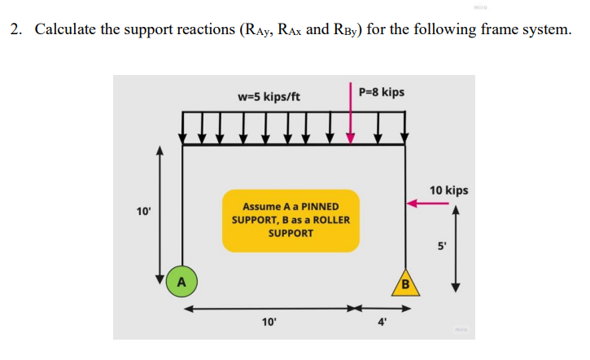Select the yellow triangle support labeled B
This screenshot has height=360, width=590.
[405, 283]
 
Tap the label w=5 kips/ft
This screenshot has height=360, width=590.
[269, 97]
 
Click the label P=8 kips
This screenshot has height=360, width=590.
[381, 92]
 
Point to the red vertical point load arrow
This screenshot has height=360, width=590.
[351, 121]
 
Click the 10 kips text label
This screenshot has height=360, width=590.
[448, 190]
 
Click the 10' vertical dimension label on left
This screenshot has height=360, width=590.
[143, 212]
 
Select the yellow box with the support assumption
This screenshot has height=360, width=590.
[291, 220]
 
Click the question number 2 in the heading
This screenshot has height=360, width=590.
[15, 31]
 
